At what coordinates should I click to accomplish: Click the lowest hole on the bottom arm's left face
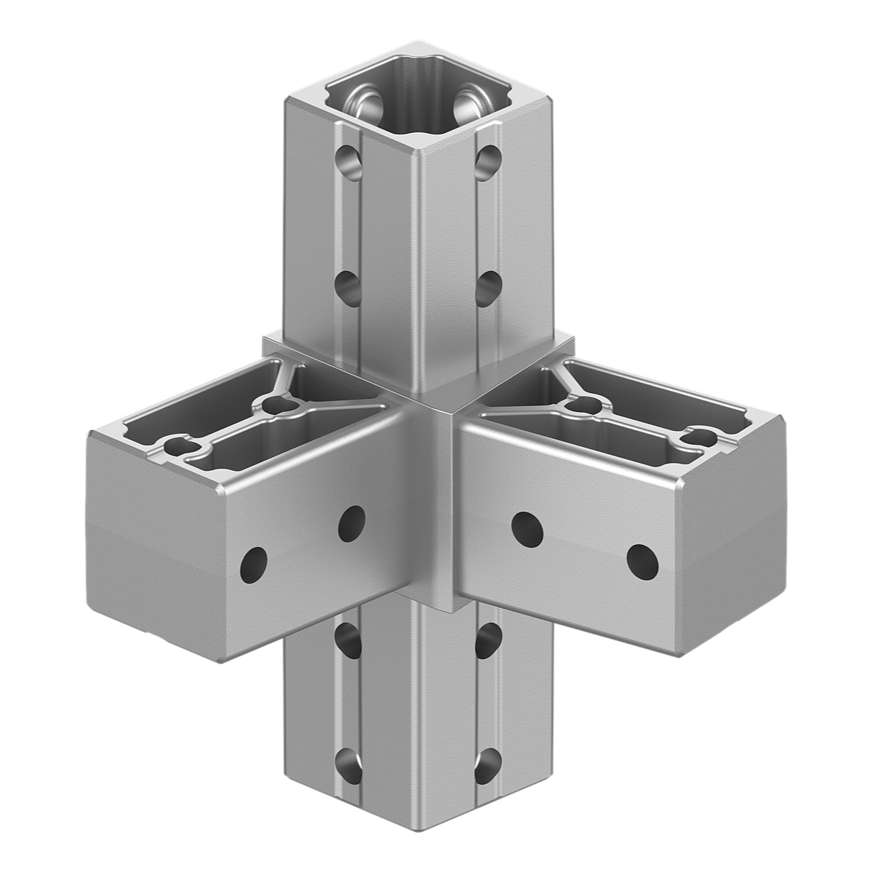pyautogui.click(x=347, y=764)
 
